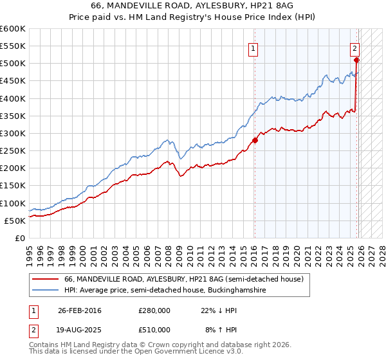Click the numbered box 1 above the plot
coord(253,48)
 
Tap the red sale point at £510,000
coord(356,60)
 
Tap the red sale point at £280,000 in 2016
coord(255,140)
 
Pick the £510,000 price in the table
coord(154,330)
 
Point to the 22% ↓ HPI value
coord(219,310)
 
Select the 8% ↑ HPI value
coord(221,330)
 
